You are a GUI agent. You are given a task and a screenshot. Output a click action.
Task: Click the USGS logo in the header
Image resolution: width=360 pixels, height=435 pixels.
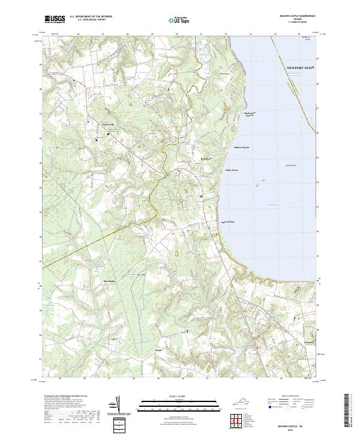[55, 19]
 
